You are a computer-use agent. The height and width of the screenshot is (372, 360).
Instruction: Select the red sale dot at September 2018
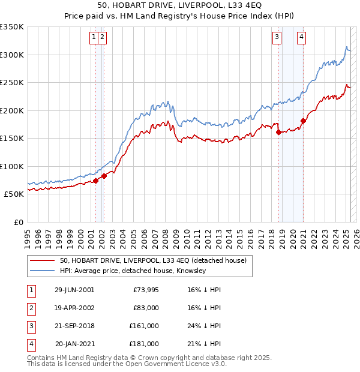click(x=279, y=133)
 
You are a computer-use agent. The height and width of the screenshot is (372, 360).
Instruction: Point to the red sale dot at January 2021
click(x=304, y=121)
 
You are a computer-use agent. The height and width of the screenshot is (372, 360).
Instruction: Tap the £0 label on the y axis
click(x=18, y=222)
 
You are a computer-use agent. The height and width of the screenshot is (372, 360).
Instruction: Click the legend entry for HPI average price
click(x=133, y=271)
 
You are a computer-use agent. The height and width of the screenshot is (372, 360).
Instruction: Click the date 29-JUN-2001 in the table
click(x=74, y=290)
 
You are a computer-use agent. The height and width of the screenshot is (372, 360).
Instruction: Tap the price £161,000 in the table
click(x=144, y=326)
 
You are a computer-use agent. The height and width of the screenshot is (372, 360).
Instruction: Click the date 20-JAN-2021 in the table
click(x=74, y=344)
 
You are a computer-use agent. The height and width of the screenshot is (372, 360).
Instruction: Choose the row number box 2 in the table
click(x=30, y=308)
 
